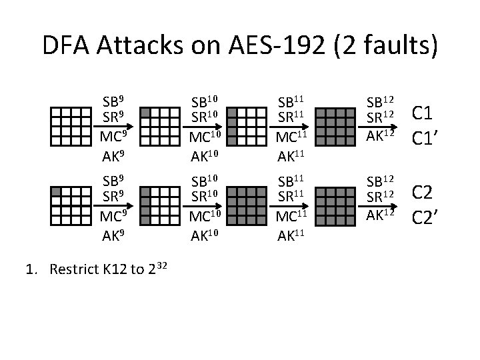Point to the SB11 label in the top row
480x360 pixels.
[x=292, y=103]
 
